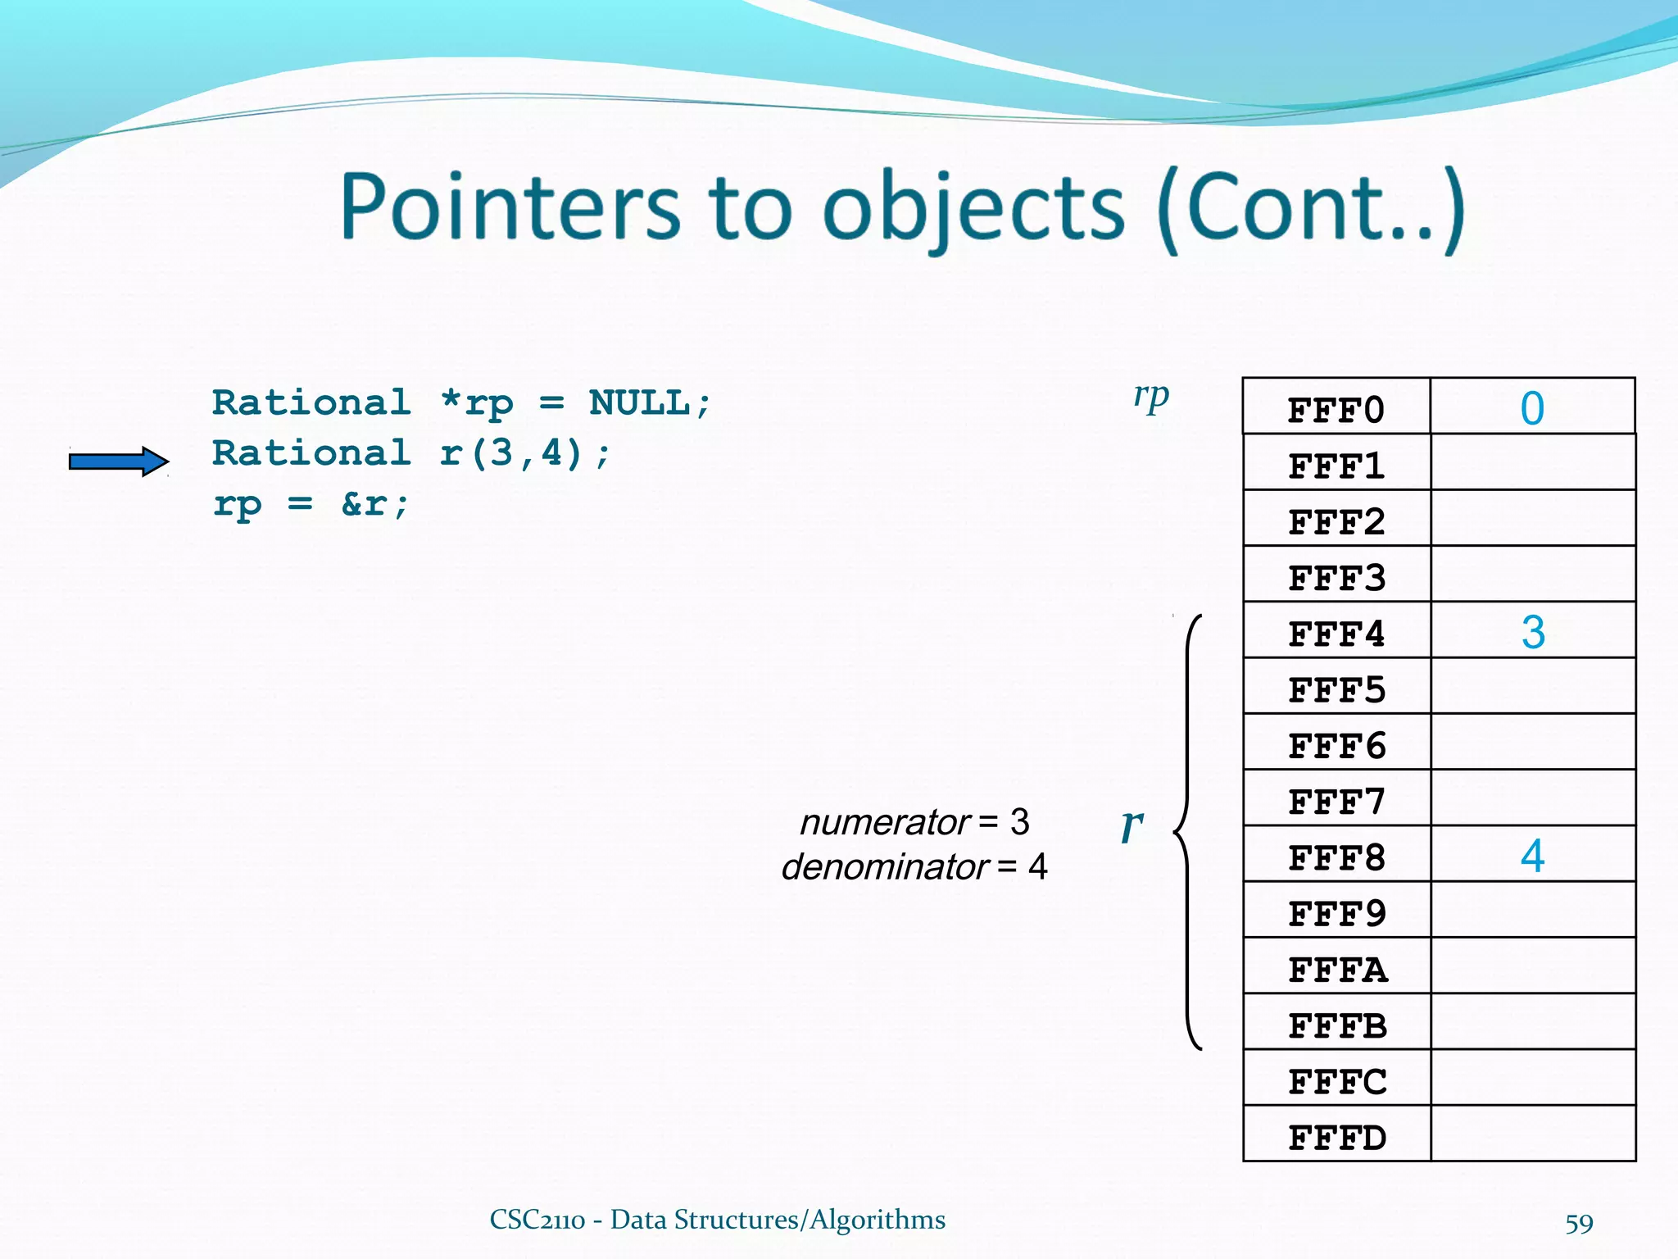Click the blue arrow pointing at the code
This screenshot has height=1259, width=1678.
click(119, 461)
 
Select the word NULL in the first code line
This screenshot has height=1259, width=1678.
click(639, 403)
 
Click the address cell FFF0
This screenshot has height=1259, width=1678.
click(1336, 410)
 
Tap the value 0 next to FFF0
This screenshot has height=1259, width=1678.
click(1532, 408)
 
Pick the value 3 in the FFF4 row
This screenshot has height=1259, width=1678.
click(1533, 632)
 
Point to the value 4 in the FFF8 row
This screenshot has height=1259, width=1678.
click(1532, 856)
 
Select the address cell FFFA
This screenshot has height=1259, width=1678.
click(1337, 970)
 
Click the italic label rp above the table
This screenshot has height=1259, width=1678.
click(1150, 397)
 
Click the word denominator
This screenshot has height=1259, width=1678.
click(885, 867)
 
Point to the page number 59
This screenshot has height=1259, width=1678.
click(1579, 1224)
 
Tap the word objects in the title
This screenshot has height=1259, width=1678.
click(973, 209)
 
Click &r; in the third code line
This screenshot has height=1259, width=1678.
click(374, 504)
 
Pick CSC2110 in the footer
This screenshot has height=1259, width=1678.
click(537, 1220)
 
